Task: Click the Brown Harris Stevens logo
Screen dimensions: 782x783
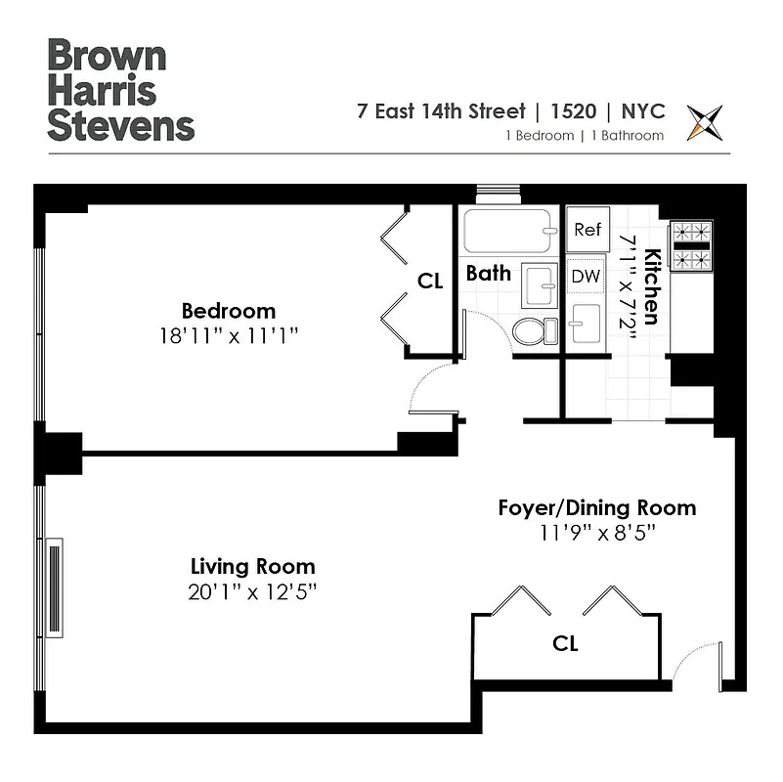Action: [121, 90]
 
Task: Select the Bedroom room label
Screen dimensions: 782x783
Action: [229, 312]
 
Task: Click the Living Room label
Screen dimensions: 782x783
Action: [252, 566]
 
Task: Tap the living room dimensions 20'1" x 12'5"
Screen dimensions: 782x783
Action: [252, 591]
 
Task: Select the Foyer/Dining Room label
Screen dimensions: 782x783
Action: [596, 508]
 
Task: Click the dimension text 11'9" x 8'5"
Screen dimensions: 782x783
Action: [596, 534]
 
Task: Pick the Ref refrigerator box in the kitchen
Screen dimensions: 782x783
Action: [587, 231]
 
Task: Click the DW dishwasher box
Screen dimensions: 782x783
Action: [586, 277]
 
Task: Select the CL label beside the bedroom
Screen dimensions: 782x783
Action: [430, 282]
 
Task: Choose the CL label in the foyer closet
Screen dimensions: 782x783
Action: [565, 644]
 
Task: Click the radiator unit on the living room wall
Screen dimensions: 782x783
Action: [54, 586]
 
